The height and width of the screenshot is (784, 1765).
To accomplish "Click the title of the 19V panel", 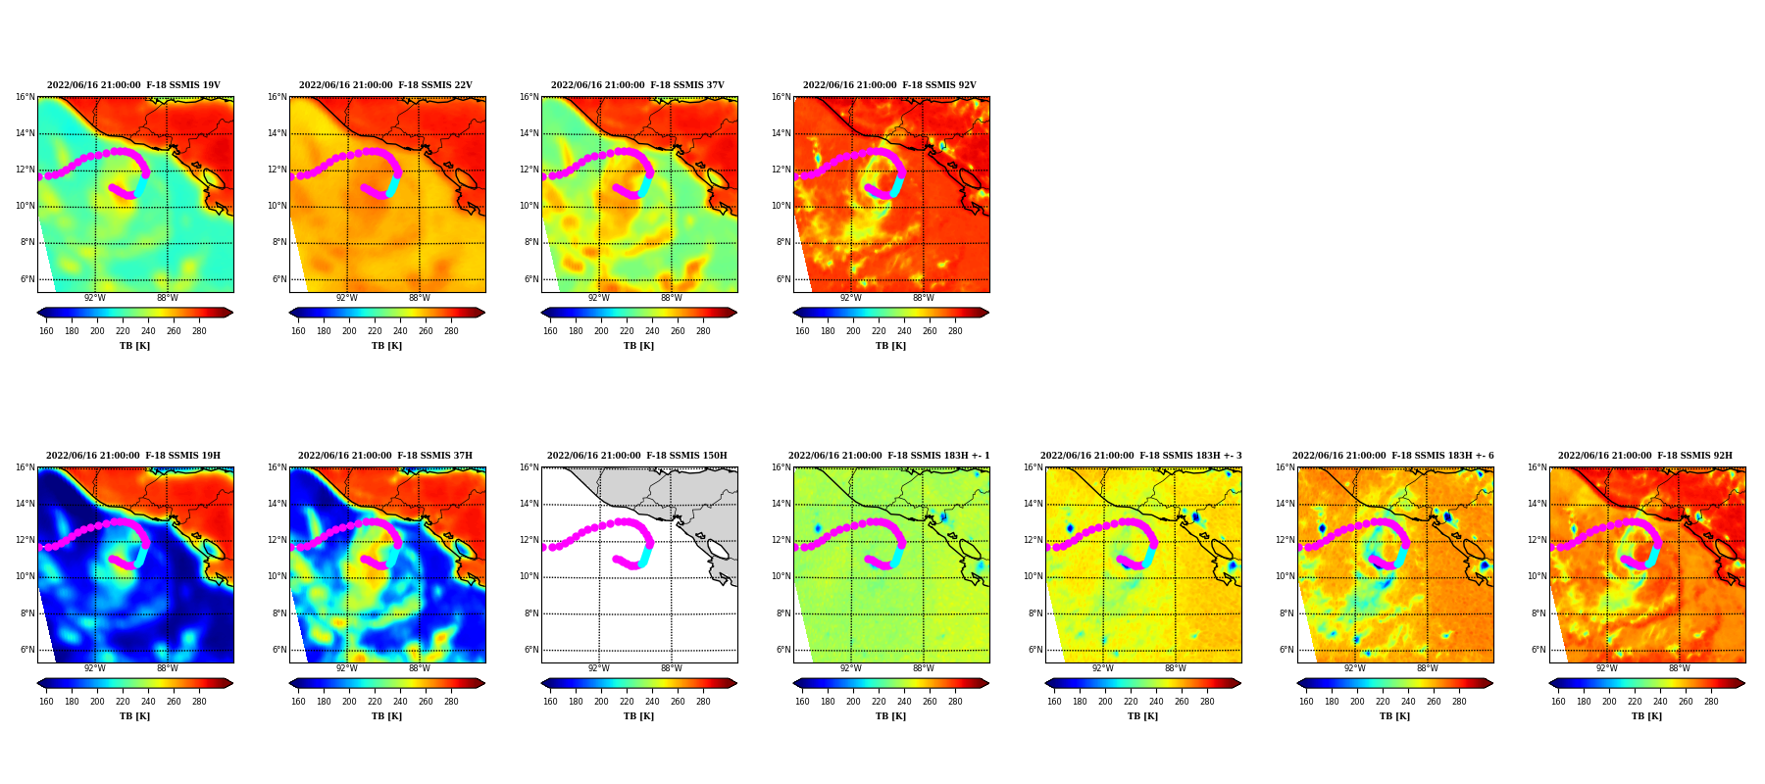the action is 133,85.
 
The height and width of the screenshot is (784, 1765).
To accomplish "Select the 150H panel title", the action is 637,456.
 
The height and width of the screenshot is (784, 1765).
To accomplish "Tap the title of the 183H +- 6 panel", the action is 1393,456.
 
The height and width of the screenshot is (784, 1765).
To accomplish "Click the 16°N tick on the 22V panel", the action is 277,97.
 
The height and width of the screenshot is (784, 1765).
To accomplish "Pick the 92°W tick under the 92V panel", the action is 850,299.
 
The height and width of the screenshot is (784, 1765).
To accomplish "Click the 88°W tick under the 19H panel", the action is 168,669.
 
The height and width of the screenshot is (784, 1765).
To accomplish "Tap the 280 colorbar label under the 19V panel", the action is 199,331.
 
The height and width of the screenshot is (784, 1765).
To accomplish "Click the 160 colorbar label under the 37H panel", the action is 298,702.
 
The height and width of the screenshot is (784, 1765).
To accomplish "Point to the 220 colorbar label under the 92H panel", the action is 1635,702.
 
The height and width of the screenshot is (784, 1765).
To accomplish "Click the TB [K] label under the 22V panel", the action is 386,346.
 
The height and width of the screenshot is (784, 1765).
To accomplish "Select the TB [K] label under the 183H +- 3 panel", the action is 1142,716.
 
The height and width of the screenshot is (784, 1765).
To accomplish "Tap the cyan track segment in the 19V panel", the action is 141,185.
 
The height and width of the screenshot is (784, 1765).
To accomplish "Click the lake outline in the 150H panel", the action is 718,549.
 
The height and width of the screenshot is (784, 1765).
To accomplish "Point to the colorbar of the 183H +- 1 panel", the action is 890,683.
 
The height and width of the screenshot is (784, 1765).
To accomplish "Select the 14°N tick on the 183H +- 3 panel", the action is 1034,504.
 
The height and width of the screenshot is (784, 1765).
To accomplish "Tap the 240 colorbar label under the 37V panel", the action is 652,331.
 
